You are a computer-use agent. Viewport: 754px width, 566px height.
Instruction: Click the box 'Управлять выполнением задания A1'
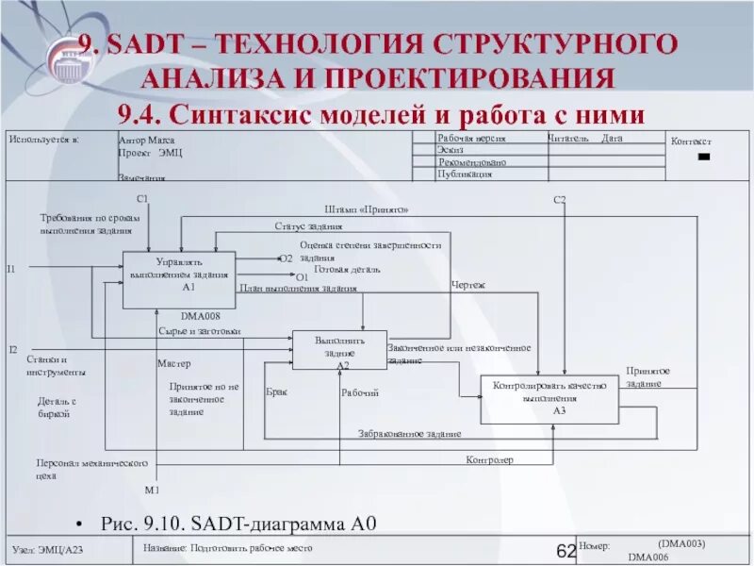click(179, 279)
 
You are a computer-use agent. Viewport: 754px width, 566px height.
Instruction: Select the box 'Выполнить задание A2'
click(339, 350)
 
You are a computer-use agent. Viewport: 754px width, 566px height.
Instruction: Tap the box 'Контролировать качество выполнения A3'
click(550, 399)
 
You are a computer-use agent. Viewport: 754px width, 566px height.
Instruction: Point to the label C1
click(142, 198)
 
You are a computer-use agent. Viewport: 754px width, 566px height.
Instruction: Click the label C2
click(559, 199)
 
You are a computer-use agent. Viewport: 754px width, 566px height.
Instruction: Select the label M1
click(151, 491)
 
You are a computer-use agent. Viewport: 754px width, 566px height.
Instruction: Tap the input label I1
click(11, 270)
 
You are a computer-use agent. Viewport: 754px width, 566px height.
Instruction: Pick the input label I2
click(12, 350)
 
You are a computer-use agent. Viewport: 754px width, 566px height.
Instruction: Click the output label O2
click(287, 258)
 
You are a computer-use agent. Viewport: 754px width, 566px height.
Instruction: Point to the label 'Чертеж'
click(468, 284)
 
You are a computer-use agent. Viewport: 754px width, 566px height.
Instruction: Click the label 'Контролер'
click(489, 459)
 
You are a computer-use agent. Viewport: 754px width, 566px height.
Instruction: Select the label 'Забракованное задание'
click(409, 434)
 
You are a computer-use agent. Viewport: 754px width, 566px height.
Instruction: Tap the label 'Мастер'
click(173, 363)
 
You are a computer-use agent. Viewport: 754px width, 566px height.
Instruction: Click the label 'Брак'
click(276, 391)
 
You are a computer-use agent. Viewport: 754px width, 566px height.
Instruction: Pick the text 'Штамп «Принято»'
click(367, 209)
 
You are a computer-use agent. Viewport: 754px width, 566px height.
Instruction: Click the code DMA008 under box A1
click(200, 316)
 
